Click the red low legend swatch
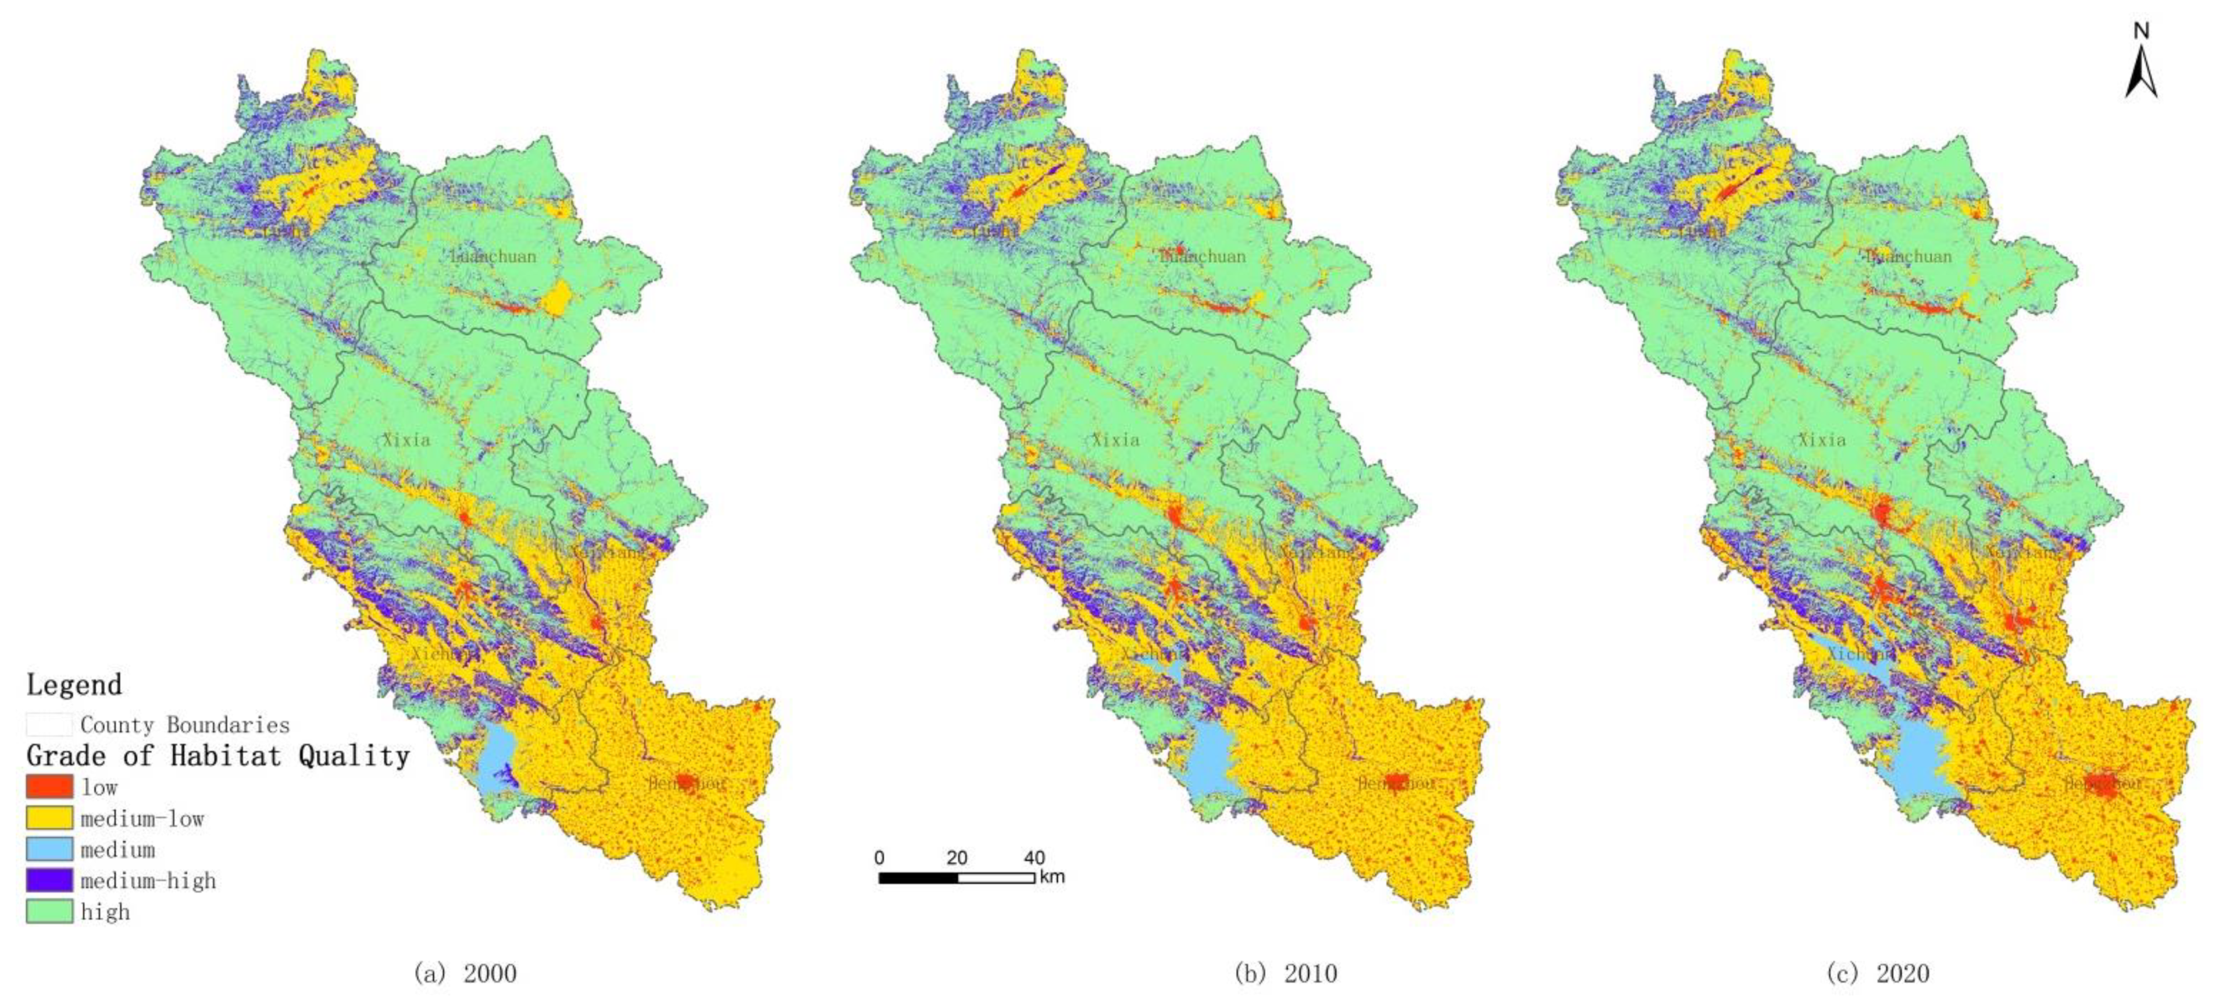[49, 785]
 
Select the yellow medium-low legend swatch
[49, 817]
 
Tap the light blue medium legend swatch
[49, 849]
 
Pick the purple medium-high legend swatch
[49, 880]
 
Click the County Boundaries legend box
[49, 724]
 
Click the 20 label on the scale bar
[956, 858]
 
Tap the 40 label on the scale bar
[1034, 858]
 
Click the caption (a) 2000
[465, 973]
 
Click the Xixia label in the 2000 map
[406, 439]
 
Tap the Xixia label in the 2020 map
[1822, 439]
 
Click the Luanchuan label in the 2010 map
[1203, 256]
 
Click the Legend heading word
[74, 685]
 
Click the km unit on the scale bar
[1052, 877]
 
